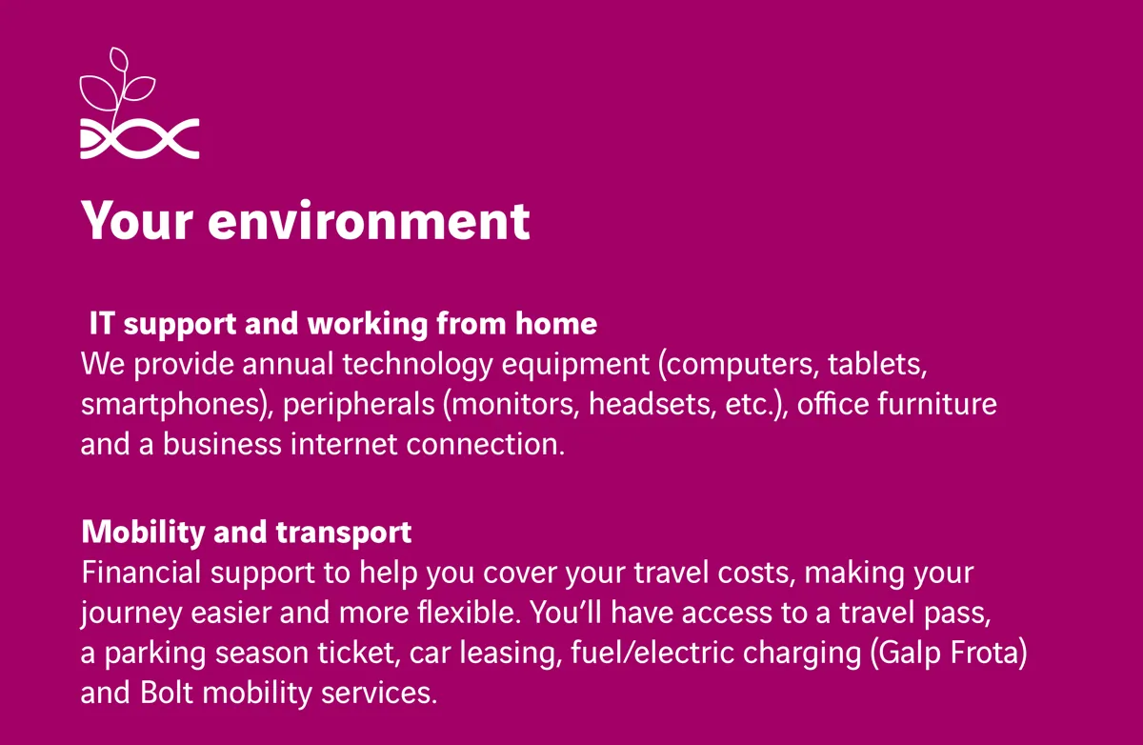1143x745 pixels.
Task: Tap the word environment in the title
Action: tap(369, 220)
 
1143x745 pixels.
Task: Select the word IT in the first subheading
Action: tap(102, 323)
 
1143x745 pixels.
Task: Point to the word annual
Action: tap(288, 364)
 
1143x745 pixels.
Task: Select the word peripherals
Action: tap(358, 405)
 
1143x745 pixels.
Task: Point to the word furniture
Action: tap(937, 404)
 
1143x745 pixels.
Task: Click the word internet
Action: tap(344, 444)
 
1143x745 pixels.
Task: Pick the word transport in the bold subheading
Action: tap(344, 533)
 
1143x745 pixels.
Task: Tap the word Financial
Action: tap(141, 572)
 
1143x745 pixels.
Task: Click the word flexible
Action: tap(469, 612)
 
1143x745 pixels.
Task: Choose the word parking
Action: tap(155, 654)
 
